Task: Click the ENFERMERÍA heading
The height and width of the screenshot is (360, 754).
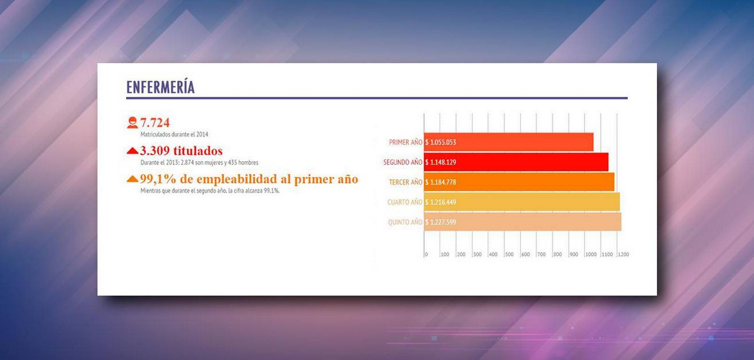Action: click(161, 87)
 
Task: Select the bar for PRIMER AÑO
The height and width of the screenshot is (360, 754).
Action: click(508, 142)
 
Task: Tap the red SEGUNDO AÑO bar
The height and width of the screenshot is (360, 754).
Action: click(516, 162)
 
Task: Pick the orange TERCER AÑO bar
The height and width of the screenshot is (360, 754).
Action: click(519, 182)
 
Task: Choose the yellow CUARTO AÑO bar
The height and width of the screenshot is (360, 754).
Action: click(522, 202)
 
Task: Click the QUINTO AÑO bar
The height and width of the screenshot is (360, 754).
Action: click(523, 222)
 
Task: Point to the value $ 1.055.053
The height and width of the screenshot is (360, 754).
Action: click(440, 142)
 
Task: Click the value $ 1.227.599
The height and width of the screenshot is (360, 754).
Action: click(440, 222)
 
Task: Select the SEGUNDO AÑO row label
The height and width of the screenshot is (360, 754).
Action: click(403, 162)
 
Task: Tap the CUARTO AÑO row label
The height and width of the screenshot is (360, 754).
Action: click(404, 202)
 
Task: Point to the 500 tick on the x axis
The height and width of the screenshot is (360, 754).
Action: click(509, 254)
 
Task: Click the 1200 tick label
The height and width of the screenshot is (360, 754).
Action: click(623, 254)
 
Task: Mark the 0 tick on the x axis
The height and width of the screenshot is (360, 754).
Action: click(426, 254)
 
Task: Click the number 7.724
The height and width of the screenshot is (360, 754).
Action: click(155, 123)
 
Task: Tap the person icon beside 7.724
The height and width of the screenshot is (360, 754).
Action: click(133, 123)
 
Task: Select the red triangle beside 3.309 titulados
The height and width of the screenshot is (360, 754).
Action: click(133, 150)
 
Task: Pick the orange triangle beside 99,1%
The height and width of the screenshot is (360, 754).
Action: click(133, 179)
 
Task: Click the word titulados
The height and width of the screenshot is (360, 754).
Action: click(198, 150)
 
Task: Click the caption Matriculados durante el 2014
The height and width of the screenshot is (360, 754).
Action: click(174, 134)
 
